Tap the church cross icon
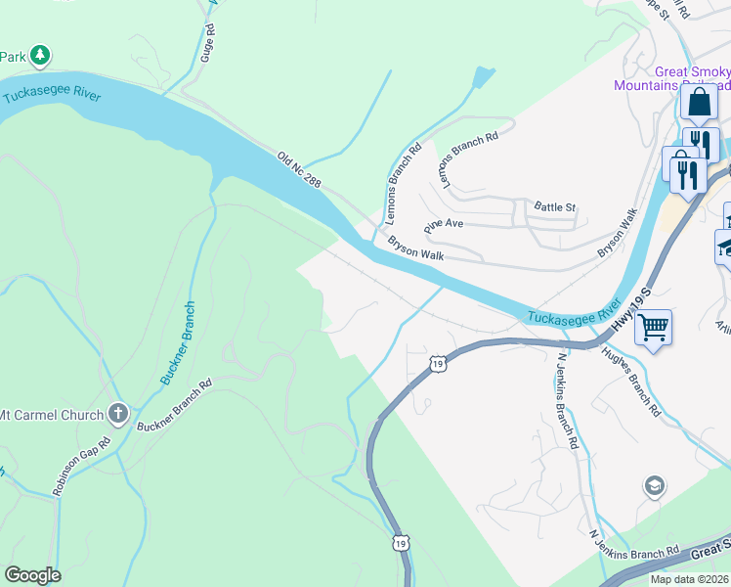coord(119,414)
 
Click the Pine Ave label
coord(443,224)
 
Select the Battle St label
coord(555,206)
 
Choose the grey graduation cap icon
coord(654,486)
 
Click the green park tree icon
coord(39,56)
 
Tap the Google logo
coord(32,575)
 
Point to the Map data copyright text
coord(690,579)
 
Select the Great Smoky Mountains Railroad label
coord(671,78)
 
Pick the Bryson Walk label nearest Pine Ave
coord(416,248)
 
